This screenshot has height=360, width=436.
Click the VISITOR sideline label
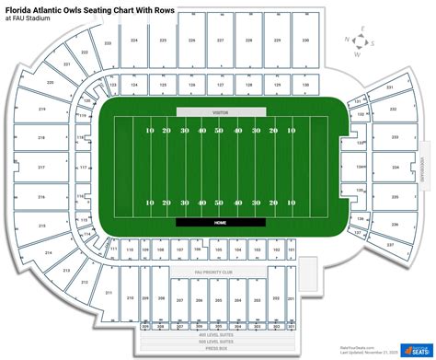[220, 111]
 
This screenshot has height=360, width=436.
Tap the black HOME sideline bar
[220, 221]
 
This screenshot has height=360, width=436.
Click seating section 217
[41, 168]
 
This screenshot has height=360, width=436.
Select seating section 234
[395, 168]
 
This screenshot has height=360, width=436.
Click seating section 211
[109, 293]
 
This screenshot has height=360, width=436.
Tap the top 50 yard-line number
[219, 131]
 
